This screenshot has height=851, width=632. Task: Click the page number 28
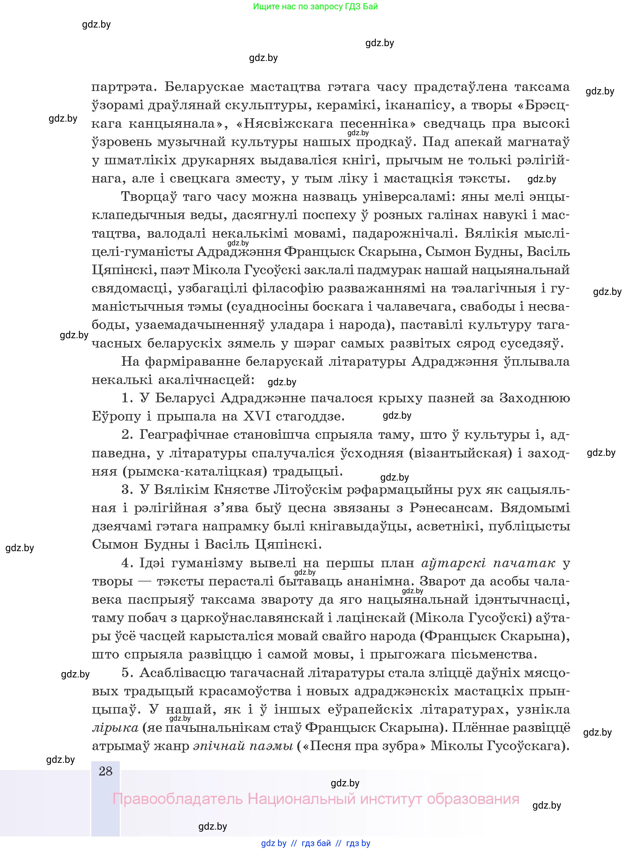[x=105, y=771]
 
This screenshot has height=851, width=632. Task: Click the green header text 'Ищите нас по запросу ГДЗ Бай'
[x=315, y=6]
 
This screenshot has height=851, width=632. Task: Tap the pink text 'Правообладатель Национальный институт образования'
[x=316, y=799]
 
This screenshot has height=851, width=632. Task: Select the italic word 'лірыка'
[x=115, y=728]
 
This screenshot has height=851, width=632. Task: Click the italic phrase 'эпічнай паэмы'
[x=243, y=746]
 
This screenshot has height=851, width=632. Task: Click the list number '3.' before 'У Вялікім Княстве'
[x=127, y=490]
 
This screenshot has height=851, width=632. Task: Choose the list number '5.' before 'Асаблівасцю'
[x=127, y=673]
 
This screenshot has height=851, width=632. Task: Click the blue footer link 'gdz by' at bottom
[x=273, y=843]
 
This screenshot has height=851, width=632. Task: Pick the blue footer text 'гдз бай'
[x=316, y=843]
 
